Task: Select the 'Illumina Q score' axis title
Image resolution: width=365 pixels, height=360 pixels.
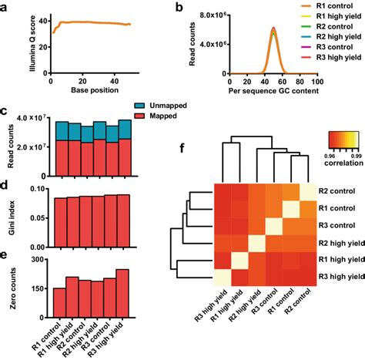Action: (x=10, y=48)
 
